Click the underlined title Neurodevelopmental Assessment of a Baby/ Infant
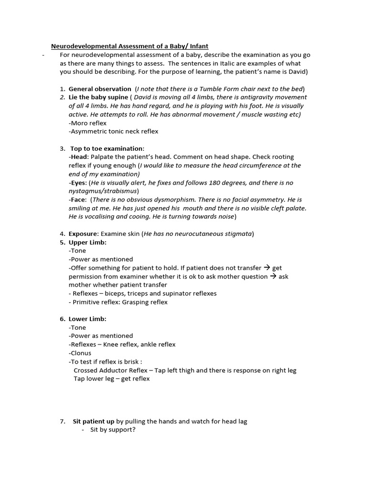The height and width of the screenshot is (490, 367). point(130,46)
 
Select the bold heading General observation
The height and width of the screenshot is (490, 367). point(99,89)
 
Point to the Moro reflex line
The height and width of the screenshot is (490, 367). point(87,123)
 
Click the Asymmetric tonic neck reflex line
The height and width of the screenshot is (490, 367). point(113,131)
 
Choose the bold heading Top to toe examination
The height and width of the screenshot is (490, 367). point(107,148)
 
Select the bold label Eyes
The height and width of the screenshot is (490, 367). point(79,183)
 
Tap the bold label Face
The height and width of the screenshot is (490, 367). point(79,200)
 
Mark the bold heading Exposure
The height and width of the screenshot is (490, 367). point(83,234)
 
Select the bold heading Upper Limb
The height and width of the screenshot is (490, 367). point(87,242)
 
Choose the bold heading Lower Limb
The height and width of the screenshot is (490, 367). point(87,319)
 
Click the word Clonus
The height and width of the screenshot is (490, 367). point(80,353)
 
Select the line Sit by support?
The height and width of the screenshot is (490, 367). point(113,430)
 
